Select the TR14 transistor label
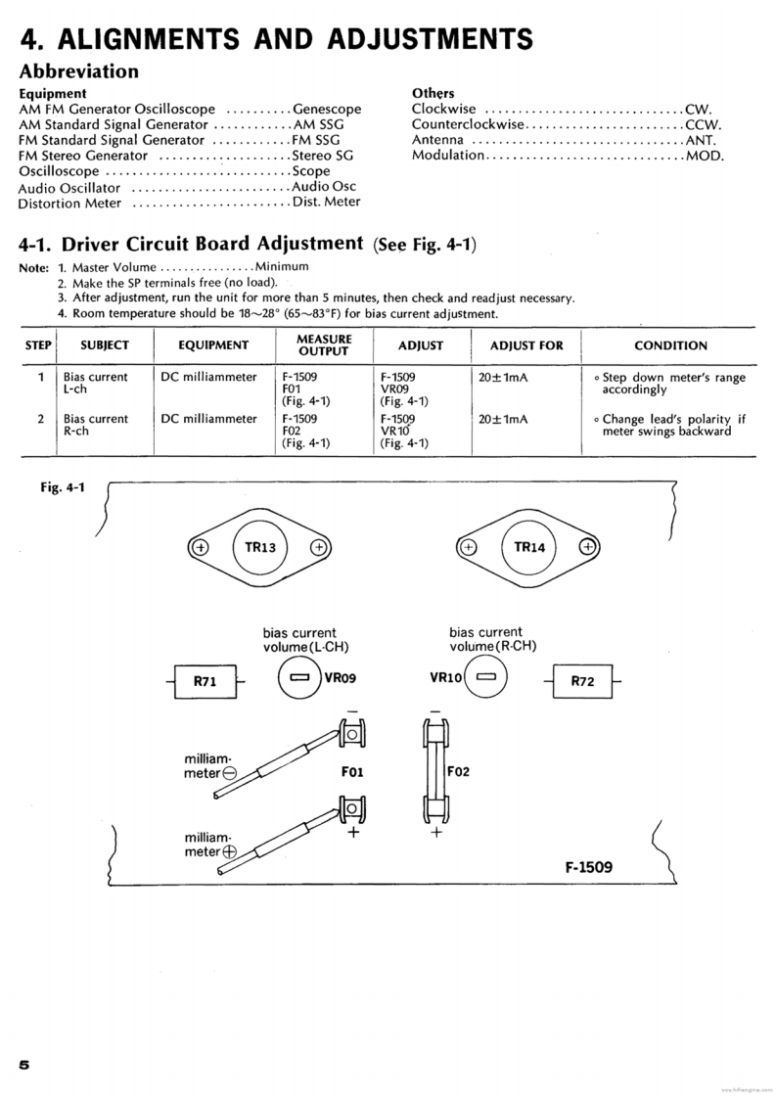528,547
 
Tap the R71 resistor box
205,682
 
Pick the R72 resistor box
582,681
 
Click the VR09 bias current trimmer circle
299,677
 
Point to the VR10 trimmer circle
486,676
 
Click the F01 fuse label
353,771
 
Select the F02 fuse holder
435,771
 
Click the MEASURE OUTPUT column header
311,344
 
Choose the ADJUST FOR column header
526,345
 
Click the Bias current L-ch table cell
95,383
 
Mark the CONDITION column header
670,345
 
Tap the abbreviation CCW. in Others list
704,125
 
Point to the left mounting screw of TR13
199,548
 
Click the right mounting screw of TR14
587,547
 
